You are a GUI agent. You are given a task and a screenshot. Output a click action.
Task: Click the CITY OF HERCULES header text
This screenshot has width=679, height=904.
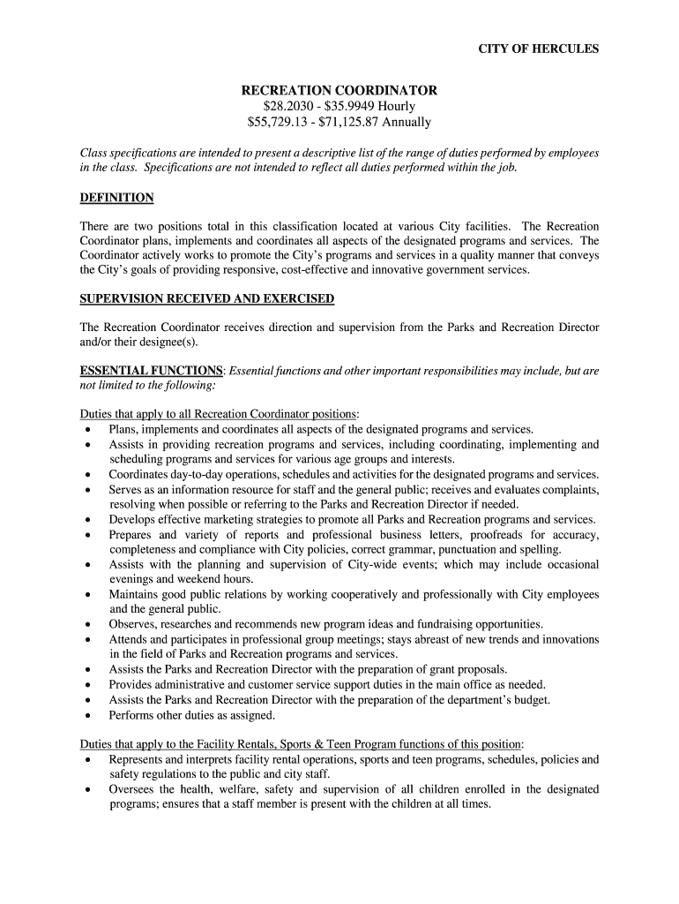(538, 49)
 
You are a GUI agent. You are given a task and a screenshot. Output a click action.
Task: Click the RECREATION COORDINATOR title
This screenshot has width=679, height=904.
(339, 91)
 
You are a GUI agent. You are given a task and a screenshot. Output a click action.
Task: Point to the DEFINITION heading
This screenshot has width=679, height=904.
(116, 197)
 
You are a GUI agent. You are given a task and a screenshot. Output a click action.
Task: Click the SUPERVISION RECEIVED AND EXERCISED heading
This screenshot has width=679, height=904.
(207, 298)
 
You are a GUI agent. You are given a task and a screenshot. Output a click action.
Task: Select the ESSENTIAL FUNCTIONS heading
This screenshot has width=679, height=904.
(151, 371)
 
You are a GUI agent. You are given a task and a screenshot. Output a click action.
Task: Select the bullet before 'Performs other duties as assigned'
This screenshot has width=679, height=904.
(87, 716)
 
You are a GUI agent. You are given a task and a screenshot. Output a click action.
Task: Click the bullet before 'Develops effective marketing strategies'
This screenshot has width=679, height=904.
(87, 520)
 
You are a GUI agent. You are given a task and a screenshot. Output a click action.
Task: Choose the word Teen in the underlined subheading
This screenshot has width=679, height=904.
(354, 743)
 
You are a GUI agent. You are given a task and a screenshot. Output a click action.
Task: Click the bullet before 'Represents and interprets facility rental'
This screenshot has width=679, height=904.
(87, 759)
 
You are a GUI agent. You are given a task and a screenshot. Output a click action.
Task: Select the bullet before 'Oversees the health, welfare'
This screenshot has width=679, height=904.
(87, 790)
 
